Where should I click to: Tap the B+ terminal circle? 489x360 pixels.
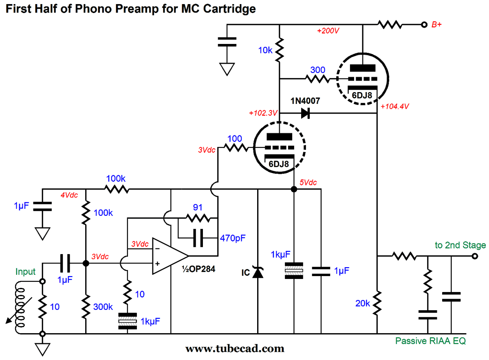(x=424, y=24)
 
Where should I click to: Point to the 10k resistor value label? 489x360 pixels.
(x=265, y=50)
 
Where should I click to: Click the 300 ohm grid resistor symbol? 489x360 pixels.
(x=317, y=79)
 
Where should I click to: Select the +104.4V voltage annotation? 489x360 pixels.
(x=394, y=107)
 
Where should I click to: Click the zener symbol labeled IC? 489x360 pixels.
(x=258, y=272)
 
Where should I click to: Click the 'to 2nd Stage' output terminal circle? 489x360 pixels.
(x=474, y=256)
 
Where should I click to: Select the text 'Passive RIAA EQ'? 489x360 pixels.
(x=431, y=340)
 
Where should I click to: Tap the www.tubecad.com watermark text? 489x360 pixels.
(x=235, y=349)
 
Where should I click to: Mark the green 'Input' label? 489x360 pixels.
(x=26, y=271)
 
